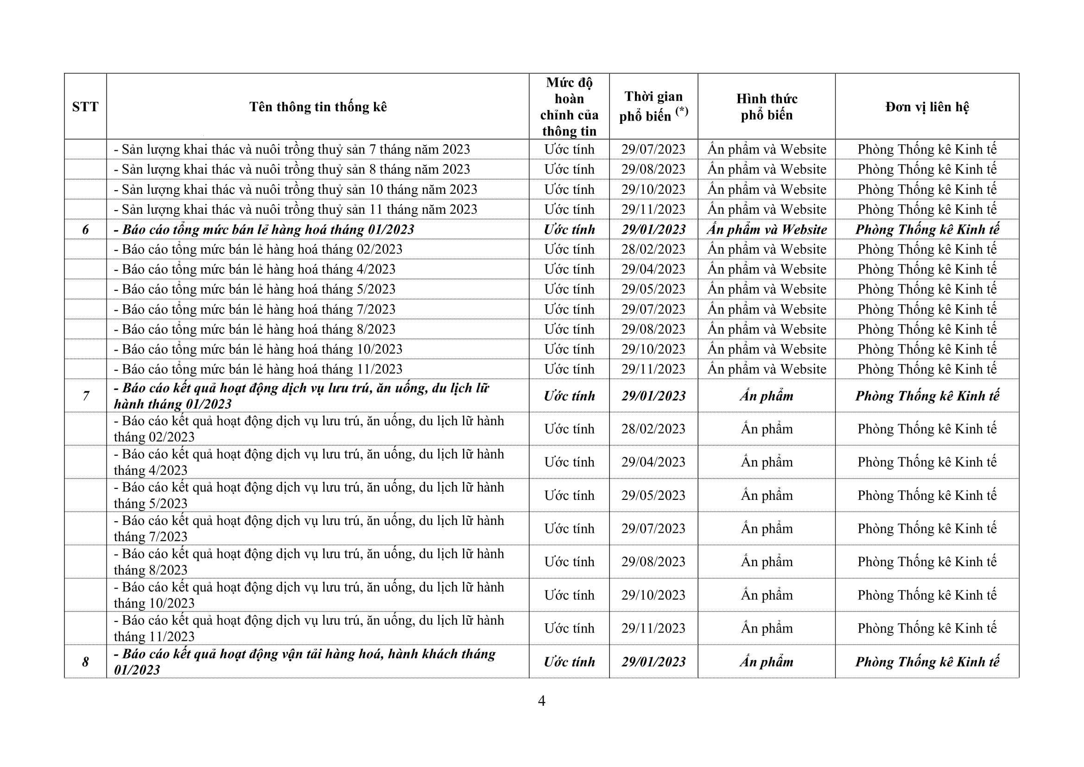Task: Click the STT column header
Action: click(x=85, y=107)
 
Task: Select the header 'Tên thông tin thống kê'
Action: click(x=318, y=107)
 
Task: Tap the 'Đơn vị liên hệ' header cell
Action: click(x=927, y=107)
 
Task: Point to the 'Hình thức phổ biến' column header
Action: click(x=766, y=107)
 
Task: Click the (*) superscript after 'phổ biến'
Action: click(x=681, y=111)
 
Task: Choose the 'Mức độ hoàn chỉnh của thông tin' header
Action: click(x=569, y=107)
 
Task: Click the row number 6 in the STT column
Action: click(x=85, y=230)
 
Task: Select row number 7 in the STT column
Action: click(x=85, y=396)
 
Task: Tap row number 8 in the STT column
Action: click(x=85, y=662)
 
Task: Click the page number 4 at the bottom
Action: click(x=541, y=701)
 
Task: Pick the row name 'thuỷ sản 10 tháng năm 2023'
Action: click(x=296, y=189)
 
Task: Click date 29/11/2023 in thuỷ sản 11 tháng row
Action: click(x=653, y=209)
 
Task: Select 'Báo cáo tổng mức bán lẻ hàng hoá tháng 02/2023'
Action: click(x=258, y=249)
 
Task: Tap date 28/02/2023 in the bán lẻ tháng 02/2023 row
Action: click(x=653, y=249)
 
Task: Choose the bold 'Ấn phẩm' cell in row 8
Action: click(x=766, y=662)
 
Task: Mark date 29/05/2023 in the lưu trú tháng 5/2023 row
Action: click(x=653, y=495)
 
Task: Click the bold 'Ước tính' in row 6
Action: click(x=569, y=230)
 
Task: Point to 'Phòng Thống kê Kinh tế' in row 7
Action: click(x=927, y=396)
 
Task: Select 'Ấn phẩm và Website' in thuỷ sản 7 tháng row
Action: click(x=766, y=149)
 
